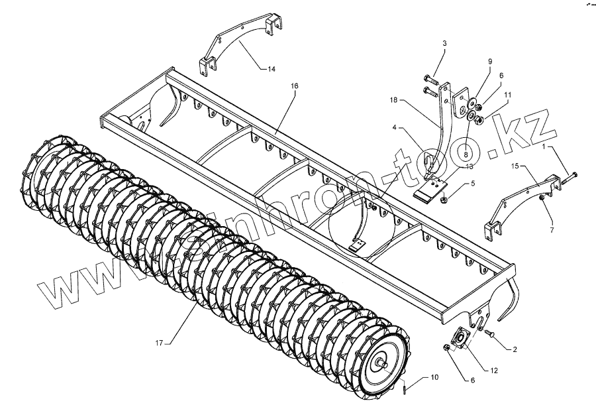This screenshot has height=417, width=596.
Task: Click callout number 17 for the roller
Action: click(x=159, y=343)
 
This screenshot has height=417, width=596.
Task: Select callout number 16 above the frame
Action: click(x=294, y=86)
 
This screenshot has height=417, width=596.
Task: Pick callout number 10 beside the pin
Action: click(x=434, y=377)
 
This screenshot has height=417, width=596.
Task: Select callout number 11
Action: click(x=507, y=95)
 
